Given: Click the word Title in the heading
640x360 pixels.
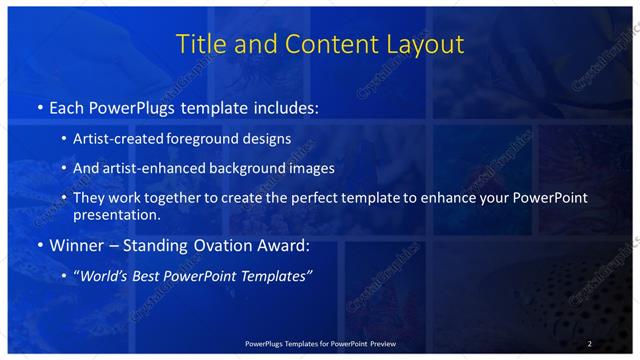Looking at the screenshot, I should coord(200,45).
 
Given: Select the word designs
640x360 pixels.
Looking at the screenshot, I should coord(269,138).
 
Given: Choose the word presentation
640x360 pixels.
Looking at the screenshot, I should coord(117,214).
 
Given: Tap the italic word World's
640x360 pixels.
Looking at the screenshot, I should coord(105,275).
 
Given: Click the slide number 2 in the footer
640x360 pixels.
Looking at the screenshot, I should coord(590,344).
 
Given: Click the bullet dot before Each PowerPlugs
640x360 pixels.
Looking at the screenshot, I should coord(39,107).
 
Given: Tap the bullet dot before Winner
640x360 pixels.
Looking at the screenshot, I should coord(39,245).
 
